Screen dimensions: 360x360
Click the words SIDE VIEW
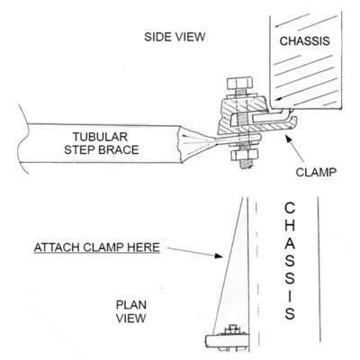coord(175,37)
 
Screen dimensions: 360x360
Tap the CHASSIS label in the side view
coord(304,40)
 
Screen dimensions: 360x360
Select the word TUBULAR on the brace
coord(100,137)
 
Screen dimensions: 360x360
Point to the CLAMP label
coord(316,172)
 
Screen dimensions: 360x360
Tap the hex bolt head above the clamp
coord(239,83)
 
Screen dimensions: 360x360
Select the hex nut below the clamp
coord(245,155)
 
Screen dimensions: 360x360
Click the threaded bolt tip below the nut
coord(245,165)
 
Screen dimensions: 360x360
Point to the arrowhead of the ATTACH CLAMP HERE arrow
coord(219,256)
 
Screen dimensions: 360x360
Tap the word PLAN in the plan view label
coord(131,305)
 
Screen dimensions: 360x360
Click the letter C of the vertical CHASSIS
coord(290,208)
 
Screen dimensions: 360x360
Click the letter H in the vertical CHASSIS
coord(290,226)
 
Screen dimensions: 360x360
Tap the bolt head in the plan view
coord(233,328)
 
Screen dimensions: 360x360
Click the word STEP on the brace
coord(79,149)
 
